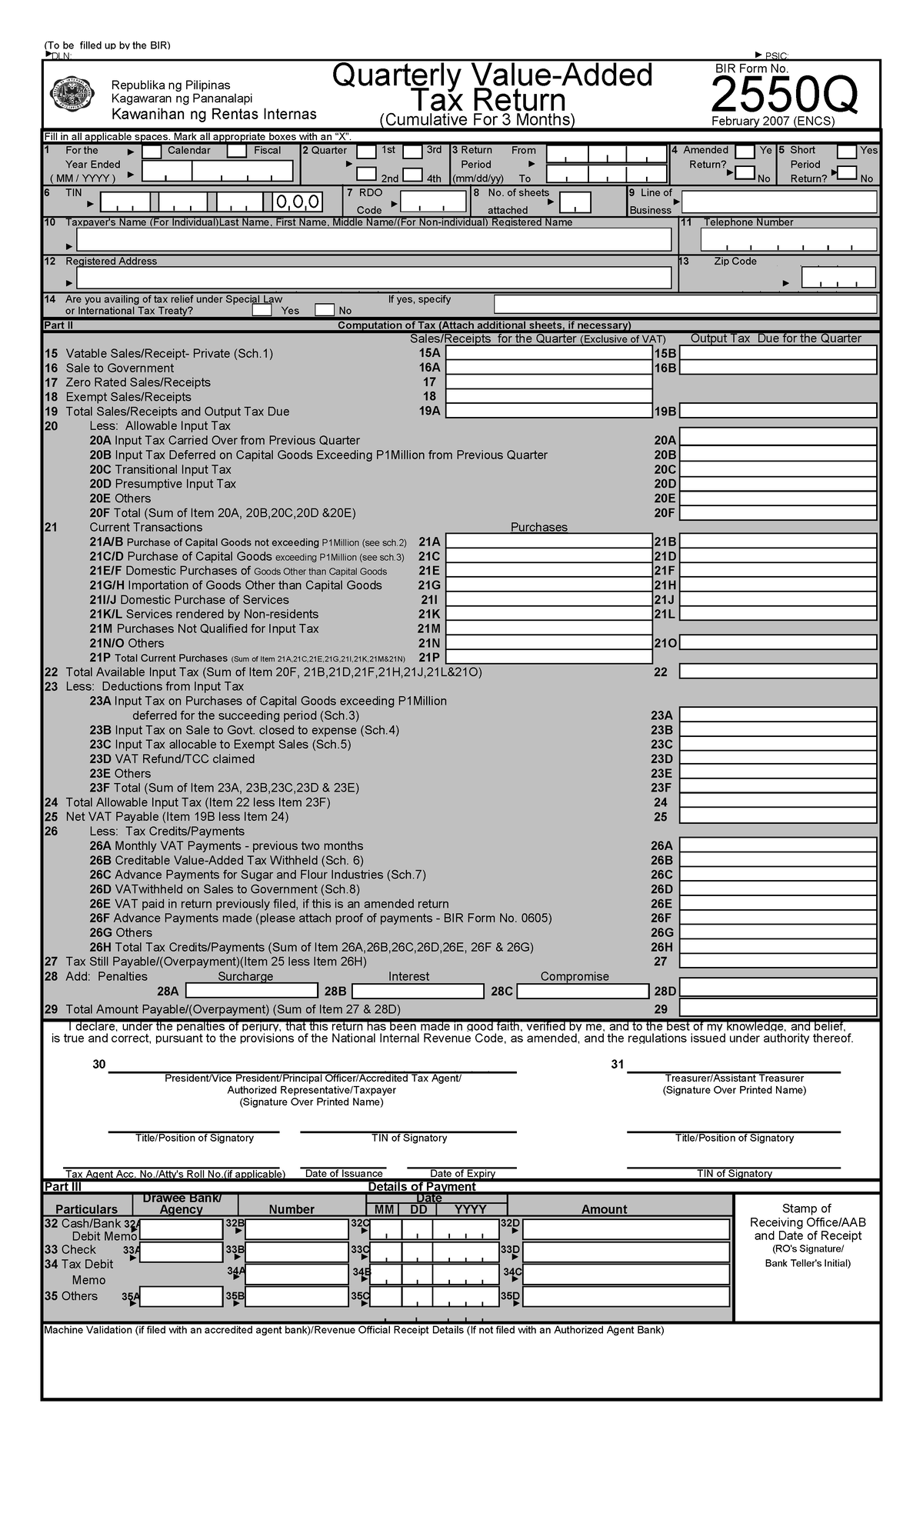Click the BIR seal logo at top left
pyautogui.click(x=72, y=95)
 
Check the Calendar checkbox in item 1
pyautogui.click(x=152, y=152)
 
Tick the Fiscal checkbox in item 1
pyautogui.click(x=237, y=152)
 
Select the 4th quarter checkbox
pyautogui.click(x=413, y=175)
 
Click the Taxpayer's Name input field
pyautogui.click(x=374, y=240)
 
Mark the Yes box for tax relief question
pyautogui.click(x=262, y=311)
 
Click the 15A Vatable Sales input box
pyautogui.click(x=548, y=353)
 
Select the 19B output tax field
pyautogui.click(x=778, y=411)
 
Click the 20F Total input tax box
pyautogui.click(x=778, y=512)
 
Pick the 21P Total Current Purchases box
pyautogui.click(x=548, y=657)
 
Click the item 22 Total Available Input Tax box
pyautogui.click(x=778, y=672)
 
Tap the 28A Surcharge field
pyautogui.click(x=252, y=991)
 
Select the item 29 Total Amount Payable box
pyautogui.click(x=778, y=1008)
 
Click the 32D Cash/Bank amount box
pyautogui.click(x=625, y=1229)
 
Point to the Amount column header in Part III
pyautogui.click(x=604, y=1209)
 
